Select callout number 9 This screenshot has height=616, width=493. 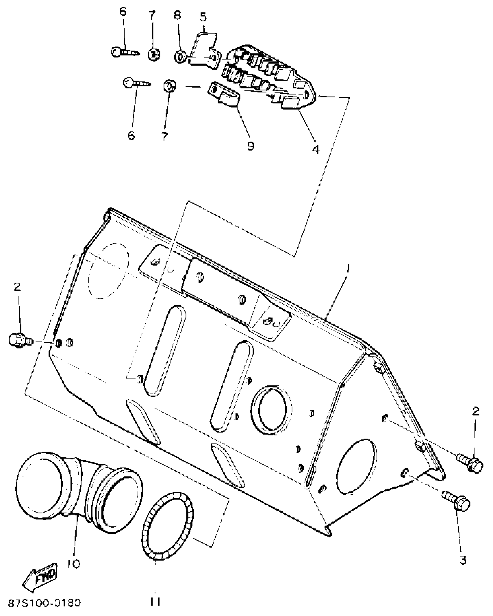[x=251, y=146]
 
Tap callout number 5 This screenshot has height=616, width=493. [x=203, y=17]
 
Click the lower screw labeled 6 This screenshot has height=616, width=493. [x=136, y=83]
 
